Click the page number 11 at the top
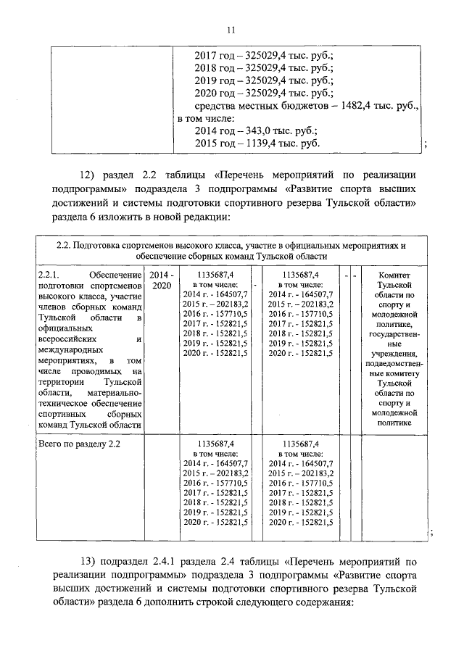[x=231, y=30]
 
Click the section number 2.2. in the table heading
[x=65, y=245]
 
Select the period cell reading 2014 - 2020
[x=162, y=280]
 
